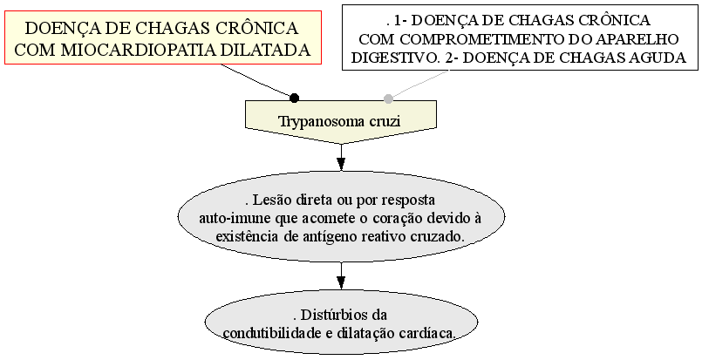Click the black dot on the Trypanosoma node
pyautogui.click(x=294, y=98)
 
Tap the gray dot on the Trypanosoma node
pyautogui.click(x=388, y=98)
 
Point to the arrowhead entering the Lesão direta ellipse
pyautogui.click(x=341, y=164)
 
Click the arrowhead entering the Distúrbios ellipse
pyautogui.click(x=341, y=282)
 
